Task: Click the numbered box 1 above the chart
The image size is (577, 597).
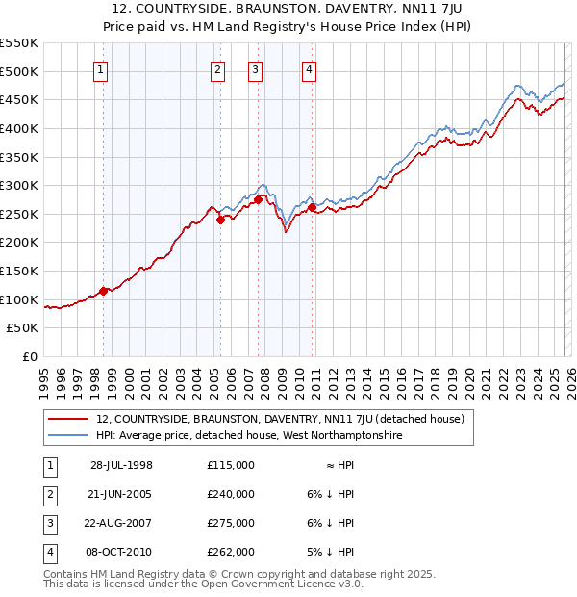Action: [101, 68]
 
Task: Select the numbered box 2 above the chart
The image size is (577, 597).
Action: [218, 68]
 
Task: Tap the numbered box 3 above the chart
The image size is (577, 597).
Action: [255, 68]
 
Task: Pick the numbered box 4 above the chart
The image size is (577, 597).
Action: [309, 68]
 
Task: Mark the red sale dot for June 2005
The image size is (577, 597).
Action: [220, 220]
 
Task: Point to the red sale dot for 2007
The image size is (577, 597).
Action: [258, 199]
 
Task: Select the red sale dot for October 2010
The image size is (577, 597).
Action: [313, 207]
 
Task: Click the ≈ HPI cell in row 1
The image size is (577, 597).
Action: [339, 465]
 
